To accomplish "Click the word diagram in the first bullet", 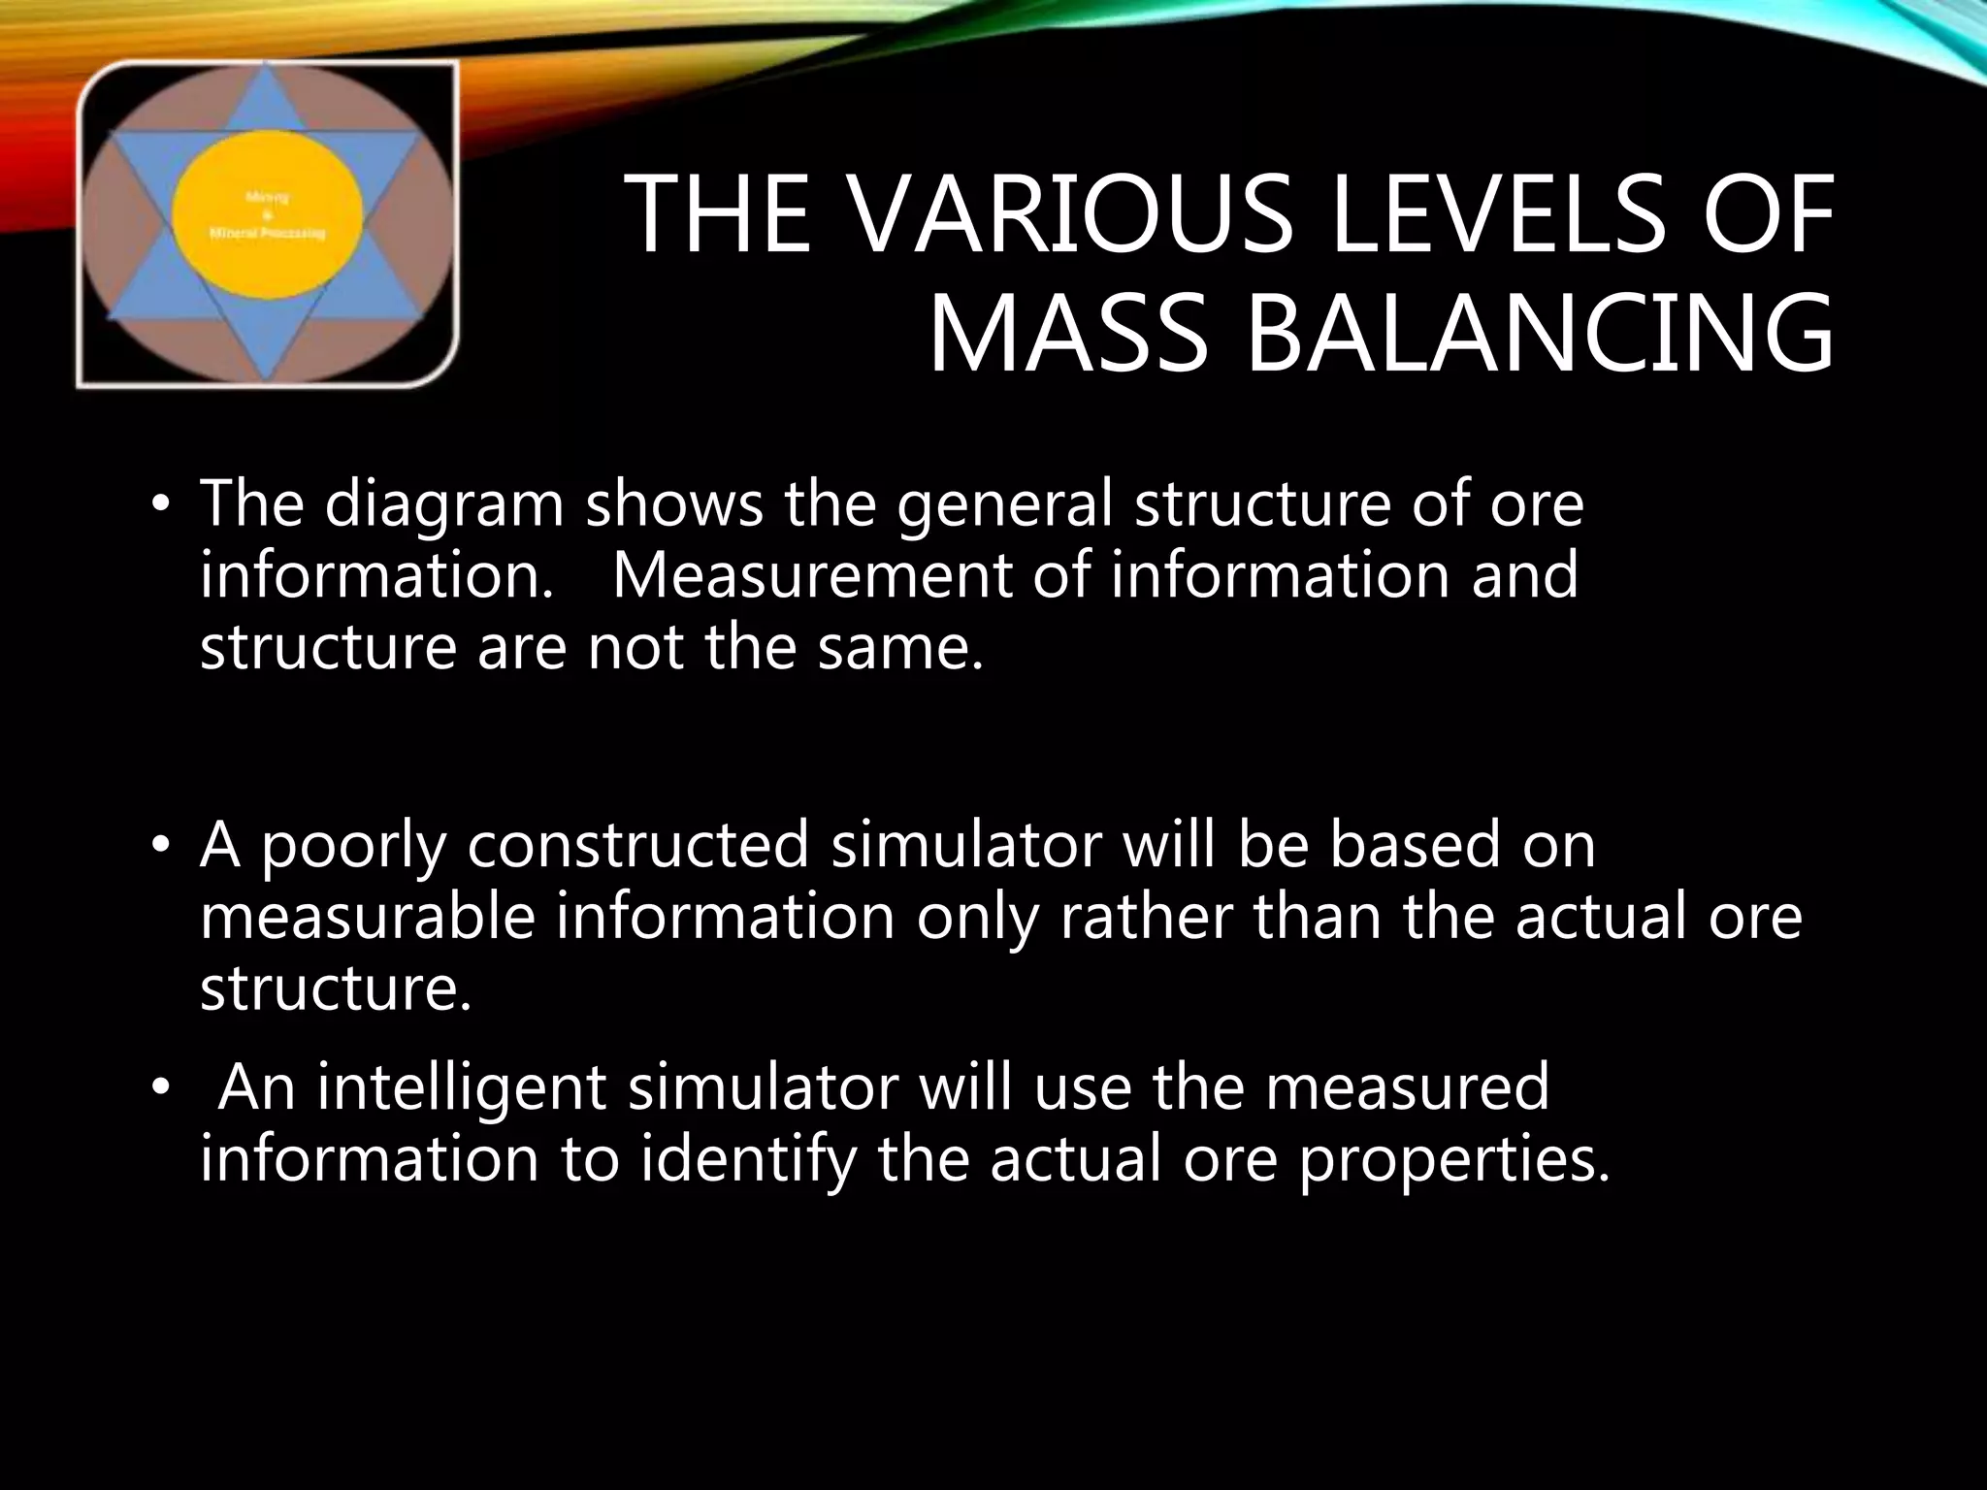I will (443, 504).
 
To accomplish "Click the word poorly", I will (353, 846).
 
